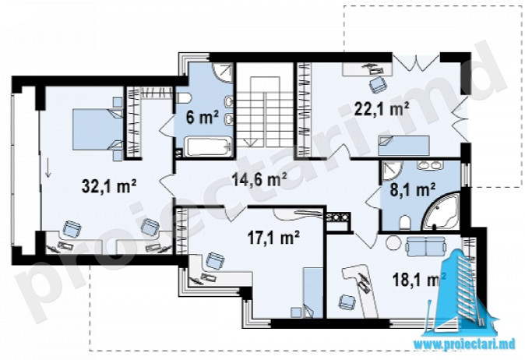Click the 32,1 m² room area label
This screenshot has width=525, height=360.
[109, 186]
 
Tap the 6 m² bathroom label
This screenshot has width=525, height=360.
[203, 117]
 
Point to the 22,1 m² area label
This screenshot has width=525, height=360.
[382, 109]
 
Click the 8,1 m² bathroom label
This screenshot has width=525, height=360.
[413, 190]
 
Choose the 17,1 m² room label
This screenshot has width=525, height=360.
[273, 238]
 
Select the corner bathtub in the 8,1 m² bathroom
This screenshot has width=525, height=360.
[442, 212]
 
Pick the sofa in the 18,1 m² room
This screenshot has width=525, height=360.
[425, 246]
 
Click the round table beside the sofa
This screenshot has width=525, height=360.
[393, 242]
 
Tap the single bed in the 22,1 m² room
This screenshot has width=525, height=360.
[403, 146]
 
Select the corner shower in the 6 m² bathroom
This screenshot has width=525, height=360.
[223, 72]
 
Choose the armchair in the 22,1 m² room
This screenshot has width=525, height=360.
[377, 84]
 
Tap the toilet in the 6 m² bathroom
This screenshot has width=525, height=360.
[183, 98]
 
